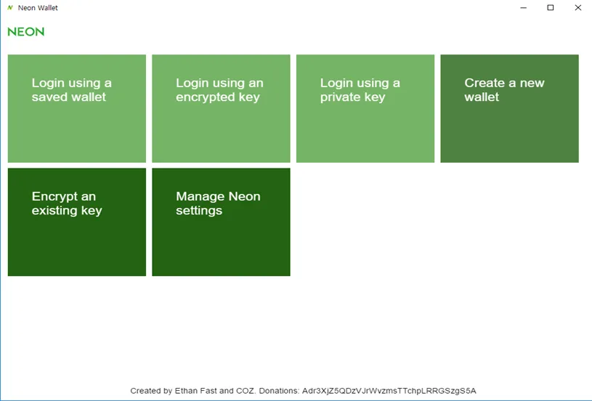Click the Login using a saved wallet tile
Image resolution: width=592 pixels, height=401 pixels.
[x=77, y=108]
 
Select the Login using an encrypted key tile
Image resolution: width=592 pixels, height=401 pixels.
[x=221, y=108]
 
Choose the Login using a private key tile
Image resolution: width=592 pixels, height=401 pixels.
[x=365, y=108]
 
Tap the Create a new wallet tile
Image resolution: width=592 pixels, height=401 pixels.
[x=509, y=108]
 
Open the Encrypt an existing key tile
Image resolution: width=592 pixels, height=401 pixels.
[x=77, y=222]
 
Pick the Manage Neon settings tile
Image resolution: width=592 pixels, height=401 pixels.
[x=221, y=222]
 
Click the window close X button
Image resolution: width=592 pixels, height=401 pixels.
[x=577, y=7]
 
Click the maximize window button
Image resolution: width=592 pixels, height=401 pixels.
[x=551, y=7]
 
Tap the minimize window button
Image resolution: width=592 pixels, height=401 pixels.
[x=523, y=8]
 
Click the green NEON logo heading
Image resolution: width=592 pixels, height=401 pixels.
[x=26, y=32]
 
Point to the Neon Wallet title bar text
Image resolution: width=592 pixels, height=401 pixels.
[x=38, y=8]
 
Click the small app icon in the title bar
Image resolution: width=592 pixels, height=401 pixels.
[x=10, y=7]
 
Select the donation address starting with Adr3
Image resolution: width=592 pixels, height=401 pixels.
[x=389, y=391]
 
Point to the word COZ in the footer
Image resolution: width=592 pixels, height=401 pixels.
[x=246, y=391]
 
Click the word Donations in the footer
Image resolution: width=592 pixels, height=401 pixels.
[x=279, y=391]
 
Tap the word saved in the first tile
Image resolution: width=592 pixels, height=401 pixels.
[x=46, y=97]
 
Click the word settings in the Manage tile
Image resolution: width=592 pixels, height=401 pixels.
[x=199, y=211]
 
